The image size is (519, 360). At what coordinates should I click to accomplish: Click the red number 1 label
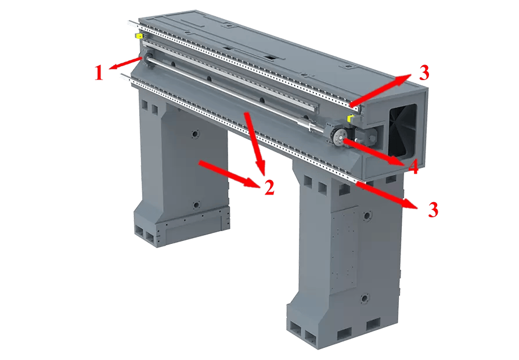click(x=99, y=73)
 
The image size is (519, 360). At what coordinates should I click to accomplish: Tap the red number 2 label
click(x=269, y=188)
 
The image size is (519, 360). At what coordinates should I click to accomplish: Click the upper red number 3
click(x=424, y=73)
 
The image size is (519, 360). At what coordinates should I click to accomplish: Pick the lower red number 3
click(x=433, y=209)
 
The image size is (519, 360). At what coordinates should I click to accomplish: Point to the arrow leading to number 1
click(x=126, y=63)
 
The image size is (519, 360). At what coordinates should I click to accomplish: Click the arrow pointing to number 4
click(x=374, y=152)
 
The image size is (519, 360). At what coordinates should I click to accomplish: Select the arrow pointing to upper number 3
click(x=381, y=91)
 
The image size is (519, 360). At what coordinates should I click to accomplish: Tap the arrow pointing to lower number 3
click(x=387, y=196)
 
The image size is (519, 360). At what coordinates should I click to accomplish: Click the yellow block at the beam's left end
click(x=138, y=36)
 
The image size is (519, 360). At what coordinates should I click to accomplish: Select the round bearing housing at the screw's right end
click(x=339, y=136)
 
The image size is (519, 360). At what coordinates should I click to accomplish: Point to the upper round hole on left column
click(x=195, y=134)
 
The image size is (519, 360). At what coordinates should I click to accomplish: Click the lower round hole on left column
click(x=196, y=206)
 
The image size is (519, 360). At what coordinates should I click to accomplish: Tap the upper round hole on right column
click(x=367, y=216)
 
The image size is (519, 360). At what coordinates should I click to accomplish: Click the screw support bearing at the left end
click(x=147, y=58)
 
